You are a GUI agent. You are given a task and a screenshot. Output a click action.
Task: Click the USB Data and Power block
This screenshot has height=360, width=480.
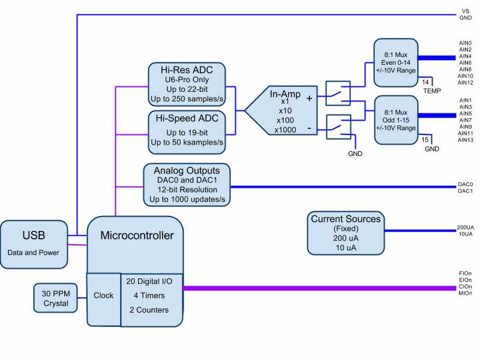34,244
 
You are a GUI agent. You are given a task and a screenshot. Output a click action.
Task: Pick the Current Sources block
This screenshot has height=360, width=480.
346,232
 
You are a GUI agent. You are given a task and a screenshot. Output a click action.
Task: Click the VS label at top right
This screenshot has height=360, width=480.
465,11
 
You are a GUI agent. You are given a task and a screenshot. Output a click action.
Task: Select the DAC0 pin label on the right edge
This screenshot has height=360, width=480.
465,184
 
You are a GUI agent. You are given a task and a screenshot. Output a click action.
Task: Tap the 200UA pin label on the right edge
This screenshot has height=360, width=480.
465,227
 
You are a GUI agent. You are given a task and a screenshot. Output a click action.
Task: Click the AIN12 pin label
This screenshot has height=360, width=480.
465,83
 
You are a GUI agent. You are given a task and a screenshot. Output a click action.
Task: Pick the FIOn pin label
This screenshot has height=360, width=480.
465,273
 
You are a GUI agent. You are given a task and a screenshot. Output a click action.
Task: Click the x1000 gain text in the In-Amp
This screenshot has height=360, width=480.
285,130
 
